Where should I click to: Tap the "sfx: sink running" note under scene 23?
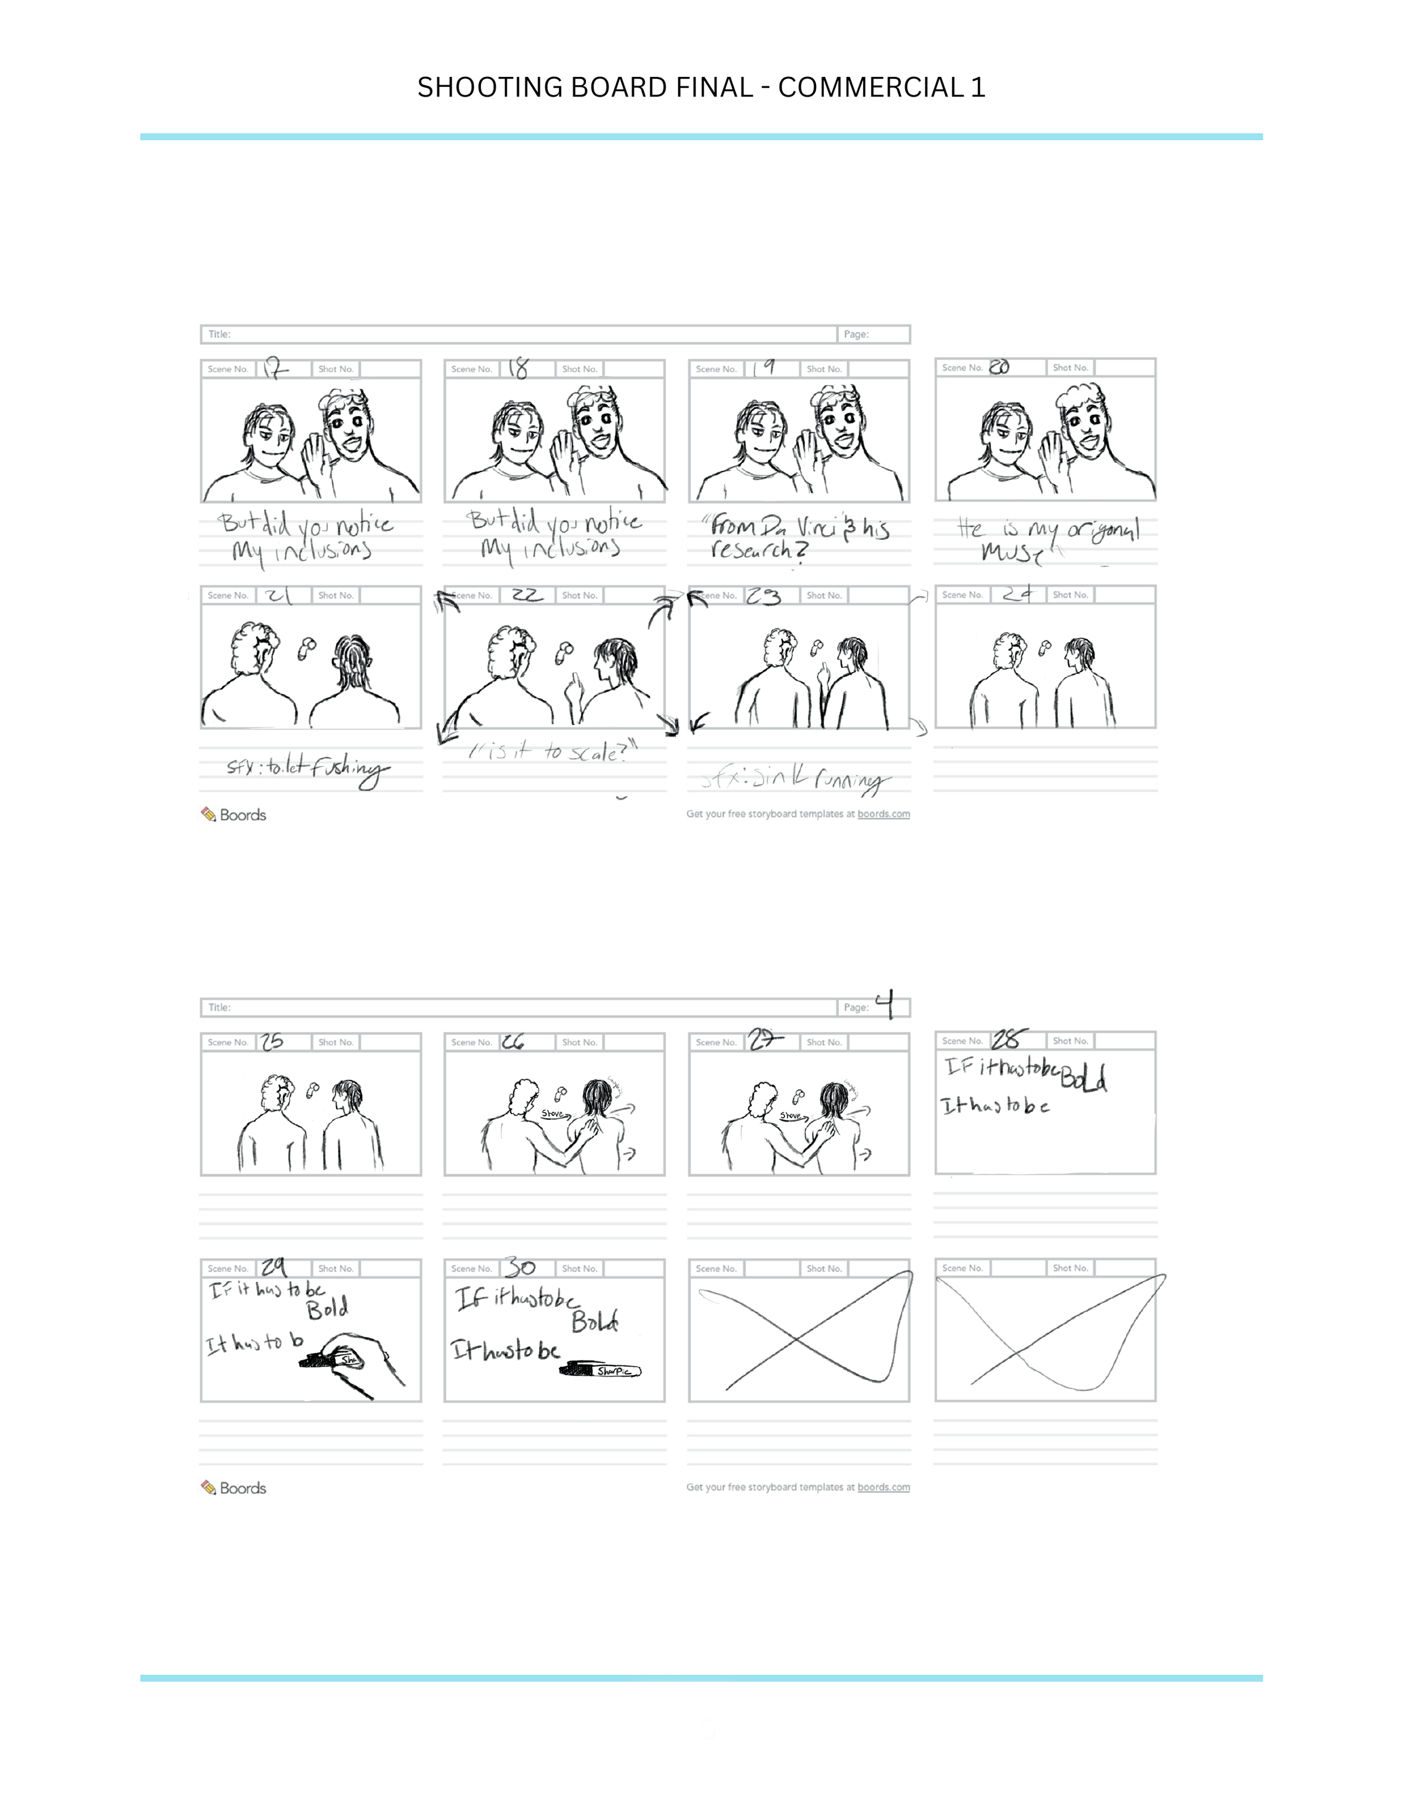pos(794,779)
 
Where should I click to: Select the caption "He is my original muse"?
pos(1047,539)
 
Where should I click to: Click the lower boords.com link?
pos(883,1487)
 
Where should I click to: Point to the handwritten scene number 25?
pos(272,1041)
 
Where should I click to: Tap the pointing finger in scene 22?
pos(572,688)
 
